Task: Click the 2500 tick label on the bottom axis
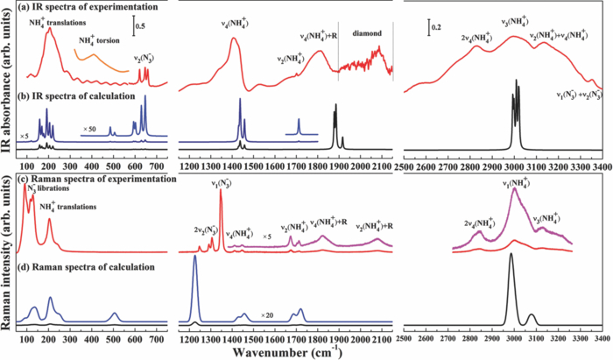click(404, 337)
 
